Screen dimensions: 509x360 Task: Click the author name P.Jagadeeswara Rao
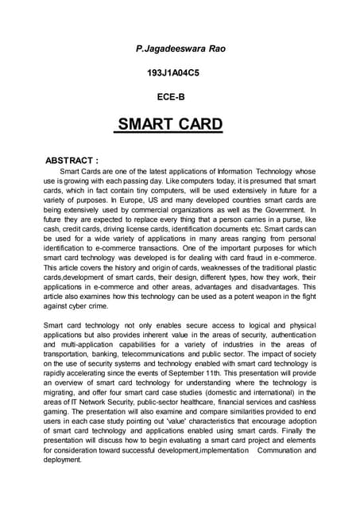pyautogui.click(x=180, y=49)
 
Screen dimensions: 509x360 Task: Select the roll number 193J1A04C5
pyautogui.click(x=180, y=72)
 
